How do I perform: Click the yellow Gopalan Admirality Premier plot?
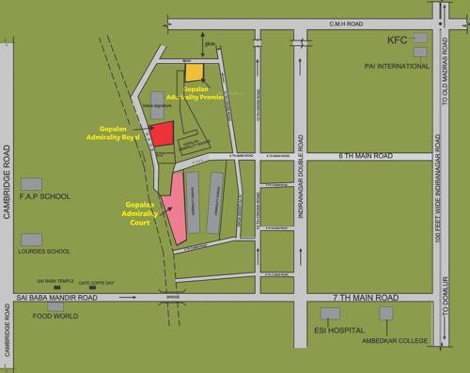point(194,72)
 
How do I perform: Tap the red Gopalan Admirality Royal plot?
point(163,134)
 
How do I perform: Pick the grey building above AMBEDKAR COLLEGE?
point(385,314)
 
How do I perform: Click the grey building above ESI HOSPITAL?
point(328,314)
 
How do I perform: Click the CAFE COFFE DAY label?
point(96,282)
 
